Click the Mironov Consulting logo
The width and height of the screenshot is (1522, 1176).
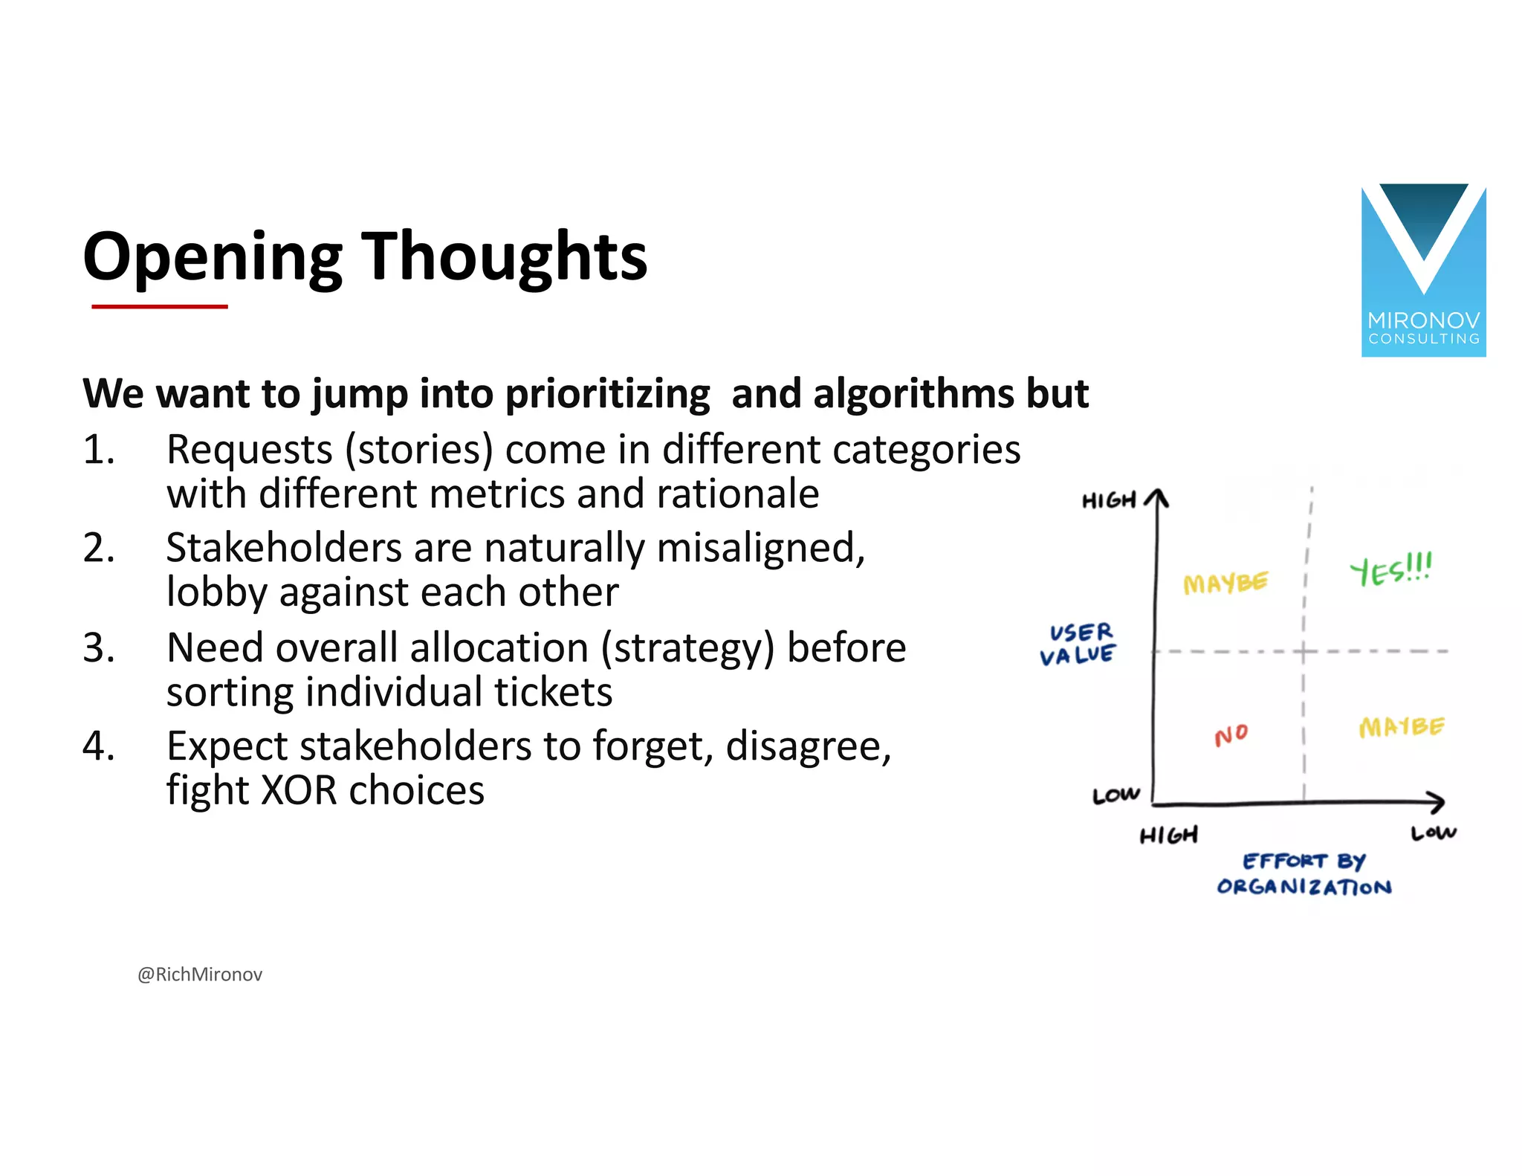1422,270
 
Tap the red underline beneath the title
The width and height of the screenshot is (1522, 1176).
159,306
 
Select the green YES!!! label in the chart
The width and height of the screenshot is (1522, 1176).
1390,569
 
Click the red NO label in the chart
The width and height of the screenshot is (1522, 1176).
1231,735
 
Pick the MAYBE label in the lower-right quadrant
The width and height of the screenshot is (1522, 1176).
1401,727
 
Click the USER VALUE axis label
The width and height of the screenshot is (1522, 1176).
1078,644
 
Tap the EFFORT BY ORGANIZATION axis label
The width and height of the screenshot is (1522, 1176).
1304,874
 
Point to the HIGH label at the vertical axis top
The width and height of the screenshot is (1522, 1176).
1109,500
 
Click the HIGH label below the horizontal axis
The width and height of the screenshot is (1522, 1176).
1168,836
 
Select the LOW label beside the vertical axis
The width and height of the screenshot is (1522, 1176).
1115,795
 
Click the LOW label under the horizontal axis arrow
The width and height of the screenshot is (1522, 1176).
1434,833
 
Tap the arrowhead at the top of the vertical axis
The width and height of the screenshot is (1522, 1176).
1156,497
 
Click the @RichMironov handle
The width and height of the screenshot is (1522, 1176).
200,975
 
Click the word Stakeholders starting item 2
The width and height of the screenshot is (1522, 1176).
283,549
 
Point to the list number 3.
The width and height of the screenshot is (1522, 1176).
98,648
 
